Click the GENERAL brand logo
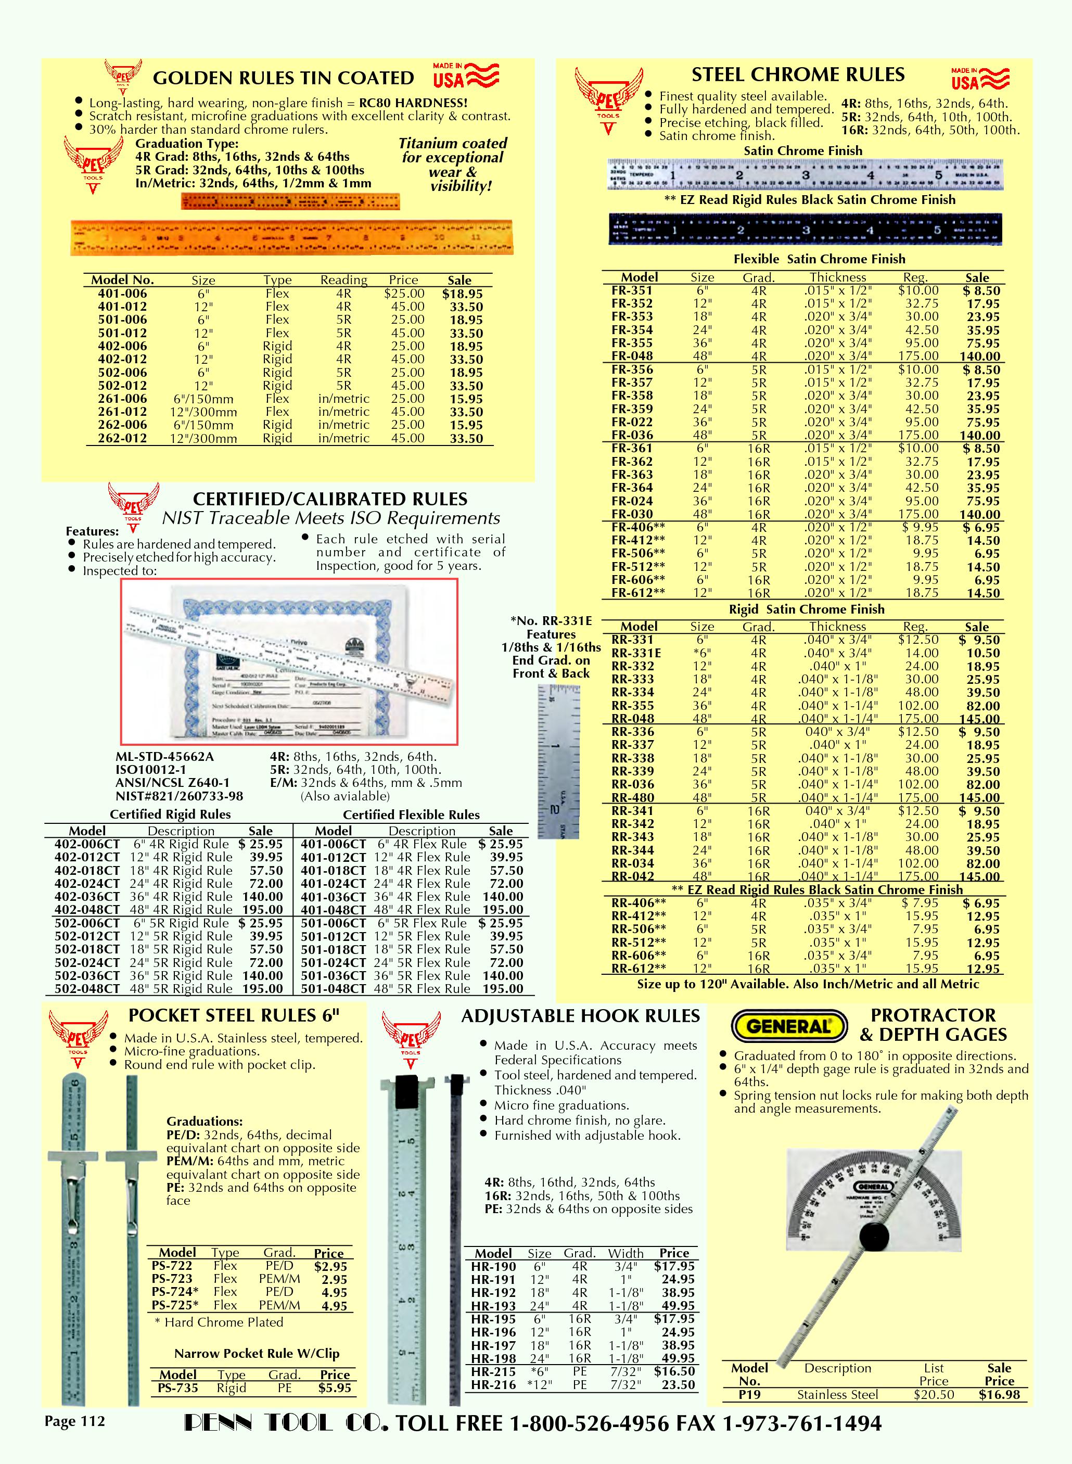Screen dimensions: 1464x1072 click(x=788, y=1026)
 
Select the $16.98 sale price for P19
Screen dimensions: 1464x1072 click(x=999, y=1394)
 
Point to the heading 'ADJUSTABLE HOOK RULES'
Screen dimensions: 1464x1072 click(x=580, y=1016)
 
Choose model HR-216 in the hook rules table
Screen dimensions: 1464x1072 click(x=493, y=1385)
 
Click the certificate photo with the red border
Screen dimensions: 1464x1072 click(x=289, y=661)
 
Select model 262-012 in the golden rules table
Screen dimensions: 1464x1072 click(x=123, y=438)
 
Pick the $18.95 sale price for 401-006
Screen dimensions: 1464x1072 click(x=462, y=294)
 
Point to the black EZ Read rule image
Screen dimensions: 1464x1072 click(x=805, y=230)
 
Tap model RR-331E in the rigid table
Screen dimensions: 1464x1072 click(x=636, y=654)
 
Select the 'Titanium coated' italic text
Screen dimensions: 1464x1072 click(x=452, y=144)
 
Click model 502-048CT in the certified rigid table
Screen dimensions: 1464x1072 click(x=87, y=989)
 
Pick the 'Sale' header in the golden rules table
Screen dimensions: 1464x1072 click(x=459, y=281)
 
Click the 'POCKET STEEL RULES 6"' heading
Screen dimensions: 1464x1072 click(x=234, y=1015)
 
